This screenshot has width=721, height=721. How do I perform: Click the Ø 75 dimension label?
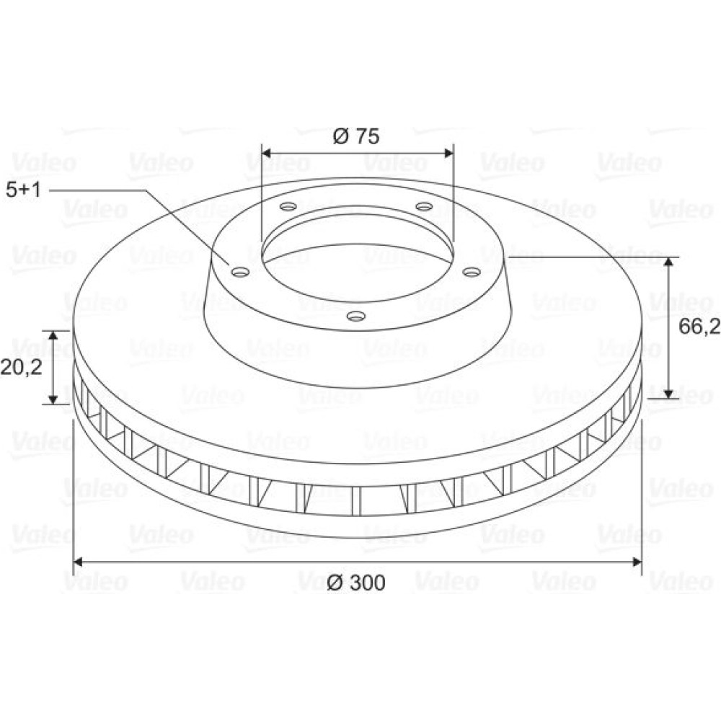356,136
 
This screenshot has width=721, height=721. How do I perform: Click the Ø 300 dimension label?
356,583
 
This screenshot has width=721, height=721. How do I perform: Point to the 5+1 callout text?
24,190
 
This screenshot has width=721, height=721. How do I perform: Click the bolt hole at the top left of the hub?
288,206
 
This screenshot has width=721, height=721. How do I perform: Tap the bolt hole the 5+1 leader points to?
241,273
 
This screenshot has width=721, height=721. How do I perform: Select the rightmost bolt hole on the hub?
472,273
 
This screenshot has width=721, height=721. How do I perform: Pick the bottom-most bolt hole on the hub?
356,316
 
